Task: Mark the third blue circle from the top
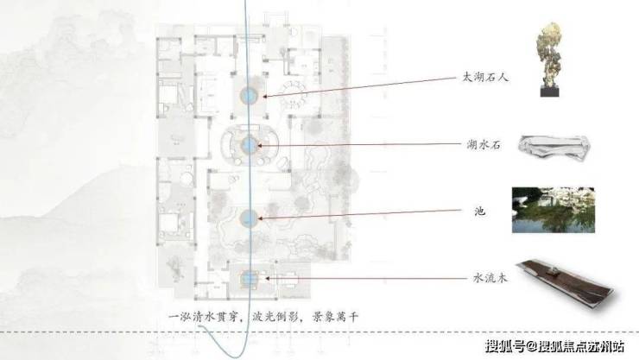[250, 218]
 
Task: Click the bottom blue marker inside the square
[250, 278]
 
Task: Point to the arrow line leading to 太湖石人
[363, 85]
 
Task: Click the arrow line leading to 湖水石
[363, 146]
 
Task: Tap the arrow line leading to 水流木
[363, 278]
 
